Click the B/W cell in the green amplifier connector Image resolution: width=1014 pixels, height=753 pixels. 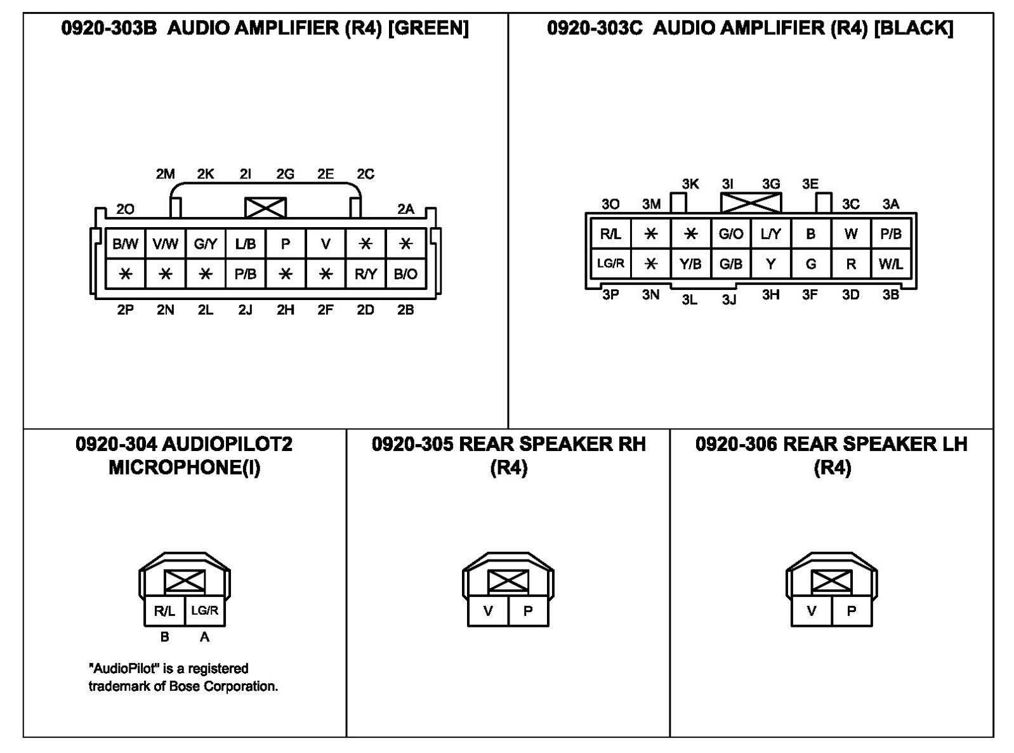point(125,244)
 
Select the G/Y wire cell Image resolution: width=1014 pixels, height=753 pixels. point(206,244)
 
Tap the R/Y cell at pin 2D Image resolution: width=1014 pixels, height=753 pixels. point(365,274)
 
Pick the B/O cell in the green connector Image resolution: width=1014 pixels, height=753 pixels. point(405,274)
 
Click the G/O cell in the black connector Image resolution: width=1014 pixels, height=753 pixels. point(730,234)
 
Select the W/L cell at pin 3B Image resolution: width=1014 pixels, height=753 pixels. point(891,264)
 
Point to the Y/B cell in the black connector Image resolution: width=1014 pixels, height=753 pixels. point(690,264)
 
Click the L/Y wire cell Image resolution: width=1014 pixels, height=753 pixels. point(770,234)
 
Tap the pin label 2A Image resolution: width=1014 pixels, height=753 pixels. point(405,209)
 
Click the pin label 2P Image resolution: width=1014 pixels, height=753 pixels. point(125,310)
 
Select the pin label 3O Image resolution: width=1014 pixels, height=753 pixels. point(610,204)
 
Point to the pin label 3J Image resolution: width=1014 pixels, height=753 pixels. point(729,299)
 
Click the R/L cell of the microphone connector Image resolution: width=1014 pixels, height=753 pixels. point(164,612)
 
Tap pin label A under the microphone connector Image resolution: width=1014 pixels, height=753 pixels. point(204,637)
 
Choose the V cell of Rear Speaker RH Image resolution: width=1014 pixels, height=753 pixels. point(488,612)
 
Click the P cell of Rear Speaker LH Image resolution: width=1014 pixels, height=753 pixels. point(852,612)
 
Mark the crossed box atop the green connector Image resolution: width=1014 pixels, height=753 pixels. point(265,207)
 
